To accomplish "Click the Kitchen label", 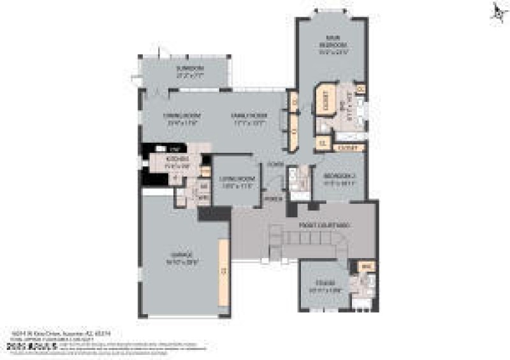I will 175,161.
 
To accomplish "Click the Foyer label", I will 275,164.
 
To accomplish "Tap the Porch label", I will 274,198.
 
